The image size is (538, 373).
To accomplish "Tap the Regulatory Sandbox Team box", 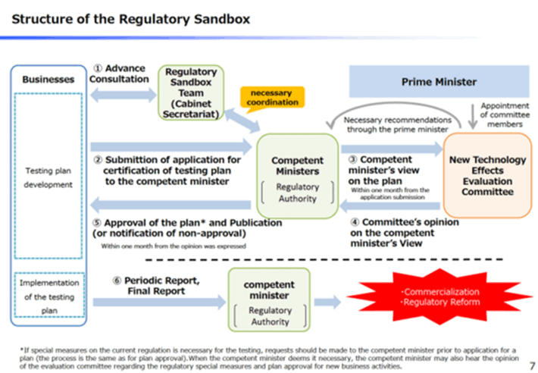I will pyautogui.click(x=191, y=92).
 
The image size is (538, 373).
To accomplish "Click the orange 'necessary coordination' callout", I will pyautogui.click(x=272, y=96).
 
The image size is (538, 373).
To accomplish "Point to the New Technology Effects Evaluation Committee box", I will pyautogui.click(x=486, y=176).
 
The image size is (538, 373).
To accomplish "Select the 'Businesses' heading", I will pyautogui.click(x=48, y=79).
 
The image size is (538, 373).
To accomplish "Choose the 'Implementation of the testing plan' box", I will pyautogui.click(x=48, y=296).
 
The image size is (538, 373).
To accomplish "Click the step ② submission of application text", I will pyautogui.click(x=167, y=171).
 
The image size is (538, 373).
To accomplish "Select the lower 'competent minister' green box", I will pyautogui.click(x=269, y=299).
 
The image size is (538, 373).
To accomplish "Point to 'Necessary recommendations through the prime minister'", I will pyautogui.click(x=398, y=124).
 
